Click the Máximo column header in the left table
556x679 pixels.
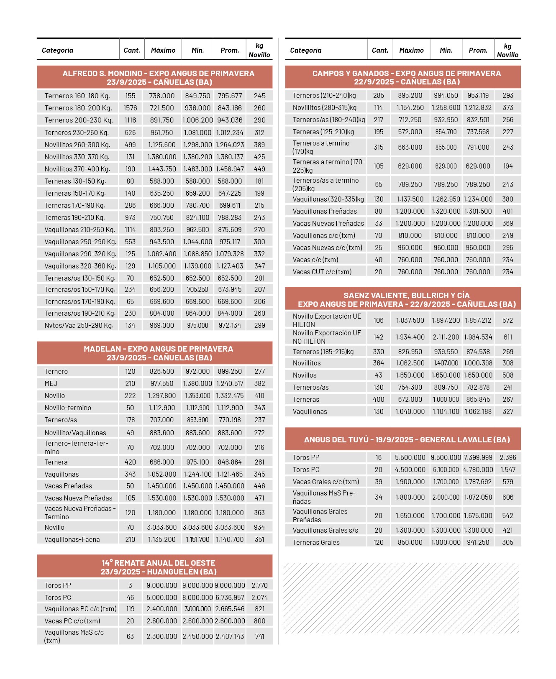(x=163, y=51)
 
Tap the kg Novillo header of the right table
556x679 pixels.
(x=507, y=51)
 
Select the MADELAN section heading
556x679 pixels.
(x=158, y=353)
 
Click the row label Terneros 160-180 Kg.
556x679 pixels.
(x=78, y=96)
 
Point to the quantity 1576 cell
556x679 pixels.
(x=130, y=108)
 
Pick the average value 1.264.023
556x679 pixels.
(x=230, y=145)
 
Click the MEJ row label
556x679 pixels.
(x=51, y=383)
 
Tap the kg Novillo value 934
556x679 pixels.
(x=259, y=527)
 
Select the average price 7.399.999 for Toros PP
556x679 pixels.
(x=478, y=457)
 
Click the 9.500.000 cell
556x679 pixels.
(x=446, y=457)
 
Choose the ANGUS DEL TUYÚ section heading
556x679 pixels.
(x=407, y=439)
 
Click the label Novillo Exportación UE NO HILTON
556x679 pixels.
(x=327, y=337)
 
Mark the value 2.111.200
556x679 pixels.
(x=446, y=337)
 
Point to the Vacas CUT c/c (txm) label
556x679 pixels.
(x=322, y=272)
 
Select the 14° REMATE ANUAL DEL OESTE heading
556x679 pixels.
(x=158, y=567)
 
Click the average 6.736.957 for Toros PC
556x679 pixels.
(x=230, y=597)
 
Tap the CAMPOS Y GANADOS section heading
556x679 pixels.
(x=406, y=78)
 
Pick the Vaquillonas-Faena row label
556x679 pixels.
(x=72, y=539)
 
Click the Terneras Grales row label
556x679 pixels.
(x=316, y=542)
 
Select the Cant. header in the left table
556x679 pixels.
(x=132, y=51)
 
